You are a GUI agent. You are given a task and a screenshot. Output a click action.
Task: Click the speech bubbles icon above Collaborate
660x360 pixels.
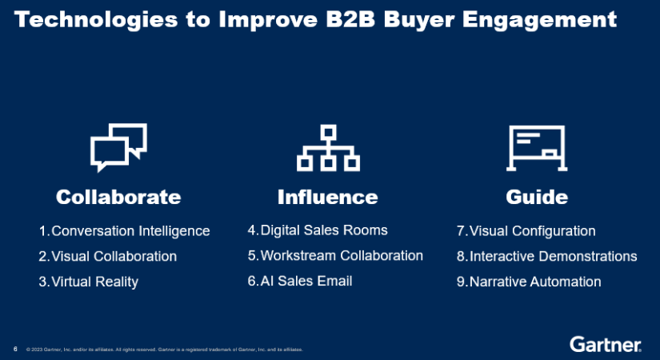(x=118, y=147)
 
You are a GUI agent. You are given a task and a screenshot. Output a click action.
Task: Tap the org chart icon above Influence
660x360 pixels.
(x=327, y=147)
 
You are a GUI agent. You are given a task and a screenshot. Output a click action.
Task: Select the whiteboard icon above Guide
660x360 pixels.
(x=537, y=147)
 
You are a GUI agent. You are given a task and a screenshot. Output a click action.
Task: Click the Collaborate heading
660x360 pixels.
(x=118, y=197)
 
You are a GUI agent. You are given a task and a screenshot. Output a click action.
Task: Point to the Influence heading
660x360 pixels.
(x=327, y=197)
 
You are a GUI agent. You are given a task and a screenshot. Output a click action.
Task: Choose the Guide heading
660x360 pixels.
(x=537, y=197)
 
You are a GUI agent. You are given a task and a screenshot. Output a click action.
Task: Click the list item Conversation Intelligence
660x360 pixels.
(x=130, y=231)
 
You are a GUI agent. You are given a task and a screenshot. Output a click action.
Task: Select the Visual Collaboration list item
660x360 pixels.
(x=114, y=257)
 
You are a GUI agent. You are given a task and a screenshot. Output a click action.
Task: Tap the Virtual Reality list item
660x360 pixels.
(x=94, y=282)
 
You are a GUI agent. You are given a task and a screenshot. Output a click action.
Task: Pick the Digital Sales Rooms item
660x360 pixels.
(x=323, y=230)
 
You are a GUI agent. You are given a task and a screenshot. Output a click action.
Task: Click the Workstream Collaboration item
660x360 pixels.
(x=341, y=256)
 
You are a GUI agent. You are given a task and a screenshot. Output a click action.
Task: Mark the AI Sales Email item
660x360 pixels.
(x=306, y=281)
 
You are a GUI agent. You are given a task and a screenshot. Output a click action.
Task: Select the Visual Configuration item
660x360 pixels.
(x=532, y=231)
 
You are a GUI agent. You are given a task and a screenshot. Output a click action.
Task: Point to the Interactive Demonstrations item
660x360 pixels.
(x=553, y=257)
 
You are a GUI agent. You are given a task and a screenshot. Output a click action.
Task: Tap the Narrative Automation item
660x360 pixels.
(x=534, y=282)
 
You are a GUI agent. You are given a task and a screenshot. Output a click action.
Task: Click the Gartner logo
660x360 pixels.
(x=606, y=345)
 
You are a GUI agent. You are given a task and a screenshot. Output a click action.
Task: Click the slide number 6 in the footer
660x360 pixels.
(x=15, y=349)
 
